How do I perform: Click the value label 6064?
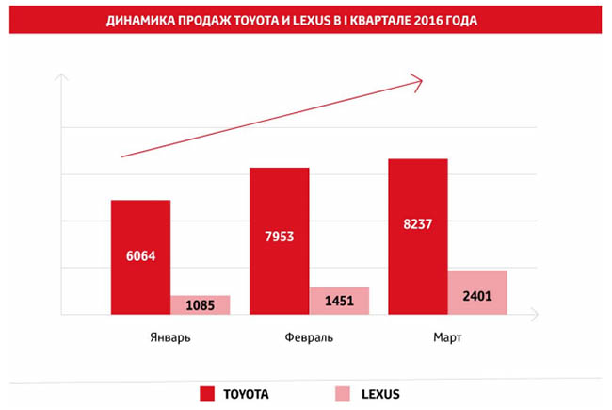(x=140, y=254)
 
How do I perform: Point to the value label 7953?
(x=279, y=237)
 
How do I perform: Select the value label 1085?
(x=200, y=306)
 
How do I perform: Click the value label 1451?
(x=339, y=302)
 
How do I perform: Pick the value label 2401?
(x=477, y=296)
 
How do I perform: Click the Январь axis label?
(x=170, y=338)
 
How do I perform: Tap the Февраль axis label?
(x=308, y=338)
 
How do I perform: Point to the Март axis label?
(x=447, y=338)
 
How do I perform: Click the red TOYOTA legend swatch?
(x=208, y=392)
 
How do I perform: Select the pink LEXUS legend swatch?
(x=343, y=392)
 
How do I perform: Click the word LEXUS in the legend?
(x=381, y=392)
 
